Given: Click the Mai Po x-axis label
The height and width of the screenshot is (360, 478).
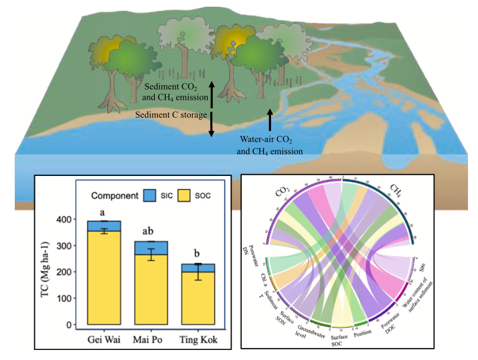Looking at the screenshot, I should coord(153,339).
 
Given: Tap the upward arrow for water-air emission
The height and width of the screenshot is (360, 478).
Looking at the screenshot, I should coord(270,122).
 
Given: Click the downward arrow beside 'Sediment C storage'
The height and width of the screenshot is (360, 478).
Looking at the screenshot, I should coord(211,125).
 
